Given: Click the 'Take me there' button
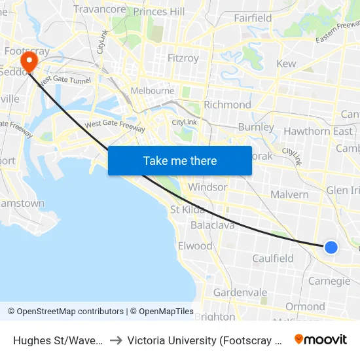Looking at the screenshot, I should [180, 160].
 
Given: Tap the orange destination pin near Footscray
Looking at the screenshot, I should [29, 62].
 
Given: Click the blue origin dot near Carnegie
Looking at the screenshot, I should [331, 247].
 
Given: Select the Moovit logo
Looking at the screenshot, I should [321, 339].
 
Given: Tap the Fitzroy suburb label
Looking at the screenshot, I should [183, 58].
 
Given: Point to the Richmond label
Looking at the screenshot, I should [227, 105].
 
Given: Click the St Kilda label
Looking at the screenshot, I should [188, 210].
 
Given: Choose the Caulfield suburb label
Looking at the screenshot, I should [273, 259].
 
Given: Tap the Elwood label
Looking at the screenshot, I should [195, 246].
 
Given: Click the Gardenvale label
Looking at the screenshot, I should [240, 293].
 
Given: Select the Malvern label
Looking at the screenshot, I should [289, 194].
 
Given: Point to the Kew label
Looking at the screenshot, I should [286, 63].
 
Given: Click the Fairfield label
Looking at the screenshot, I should [253, 18].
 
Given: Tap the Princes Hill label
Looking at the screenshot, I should [159, 12].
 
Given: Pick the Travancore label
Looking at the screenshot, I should [99, 9].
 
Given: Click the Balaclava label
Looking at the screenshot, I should [212, 225].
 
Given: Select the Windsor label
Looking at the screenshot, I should [207, 187].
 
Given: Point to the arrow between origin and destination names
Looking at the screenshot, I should [115, 340].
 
